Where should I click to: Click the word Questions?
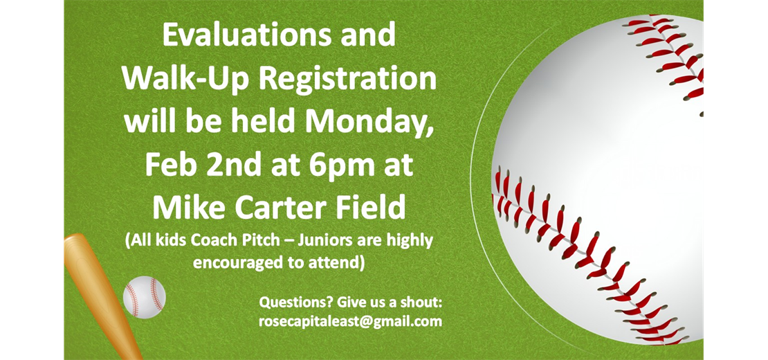[x=289, y=303]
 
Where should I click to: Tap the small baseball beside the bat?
[x=144, y=297]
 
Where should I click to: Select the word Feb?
[x=170, y=165]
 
